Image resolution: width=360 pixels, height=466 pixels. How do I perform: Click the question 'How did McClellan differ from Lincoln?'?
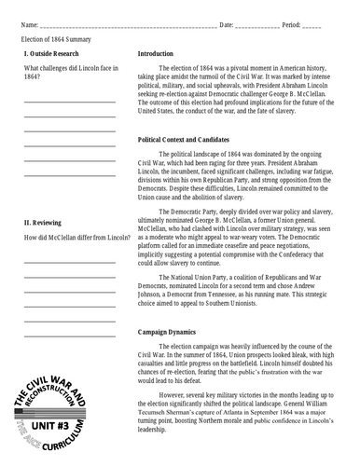[76, 238]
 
